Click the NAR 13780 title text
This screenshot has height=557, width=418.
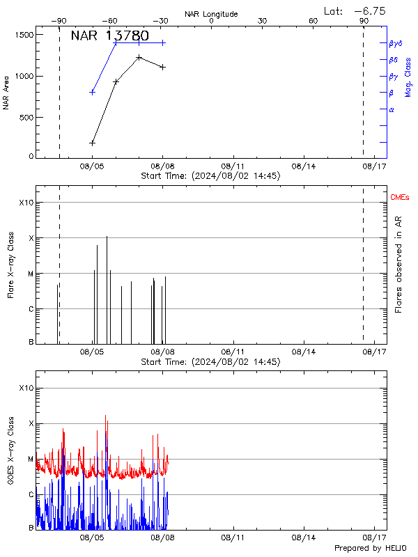pos(109,36)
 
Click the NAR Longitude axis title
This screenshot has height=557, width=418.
pos(211,14)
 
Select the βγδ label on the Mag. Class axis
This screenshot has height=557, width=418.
pos(395,43)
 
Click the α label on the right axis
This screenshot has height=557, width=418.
pos(392,110)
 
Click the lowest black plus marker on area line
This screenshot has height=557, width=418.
pos(92,143)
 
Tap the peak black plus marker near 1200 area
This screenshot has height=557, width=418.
pos(139,58)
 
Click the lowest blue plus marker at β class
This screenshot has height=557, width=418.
pos(92,92)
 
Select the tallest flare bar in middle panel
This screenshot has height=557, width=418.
pos(107,289)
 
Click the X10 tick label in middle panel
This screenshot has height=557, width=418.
pos(26,203)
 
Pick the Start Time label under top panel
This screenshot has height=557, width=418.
pos(211,176)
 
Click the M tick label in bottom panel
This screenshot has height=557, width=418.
pos(30,460)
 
